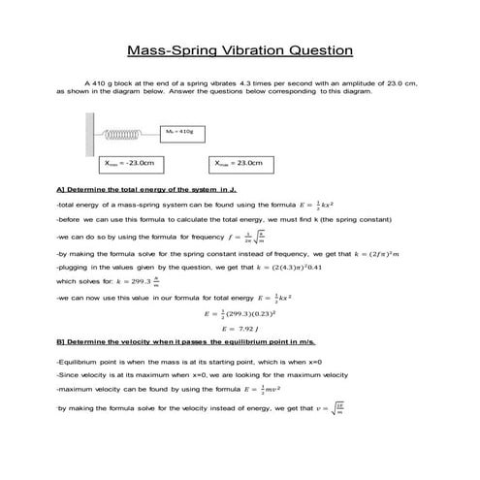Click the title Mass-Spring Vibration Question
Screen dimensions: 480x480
click(x=240, y=49)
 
